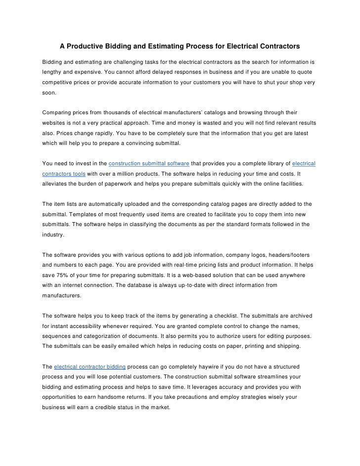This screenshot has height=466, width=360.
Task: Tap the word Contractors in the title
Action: pyautogui.click(x=280, y=47)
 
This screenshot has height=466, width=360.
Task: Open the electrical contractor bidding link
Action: pyautogui.click(x=90, y=367)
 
